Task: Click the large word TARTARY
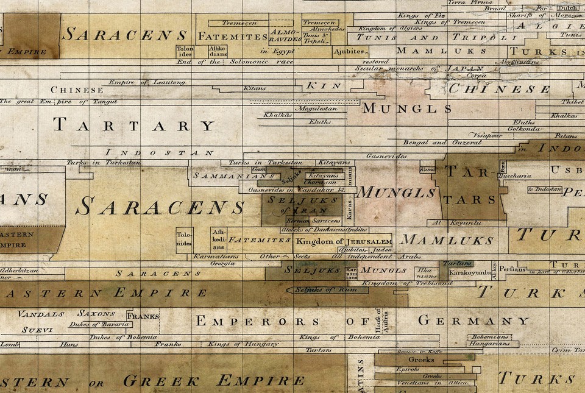134,126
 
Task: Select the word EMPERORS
257,321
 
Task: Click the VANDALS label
41,314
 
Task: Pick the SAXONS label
96,313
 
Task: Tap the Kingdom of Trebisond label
395,283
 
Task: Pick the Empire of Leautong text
140,82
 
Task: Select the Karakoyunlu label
469,273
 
